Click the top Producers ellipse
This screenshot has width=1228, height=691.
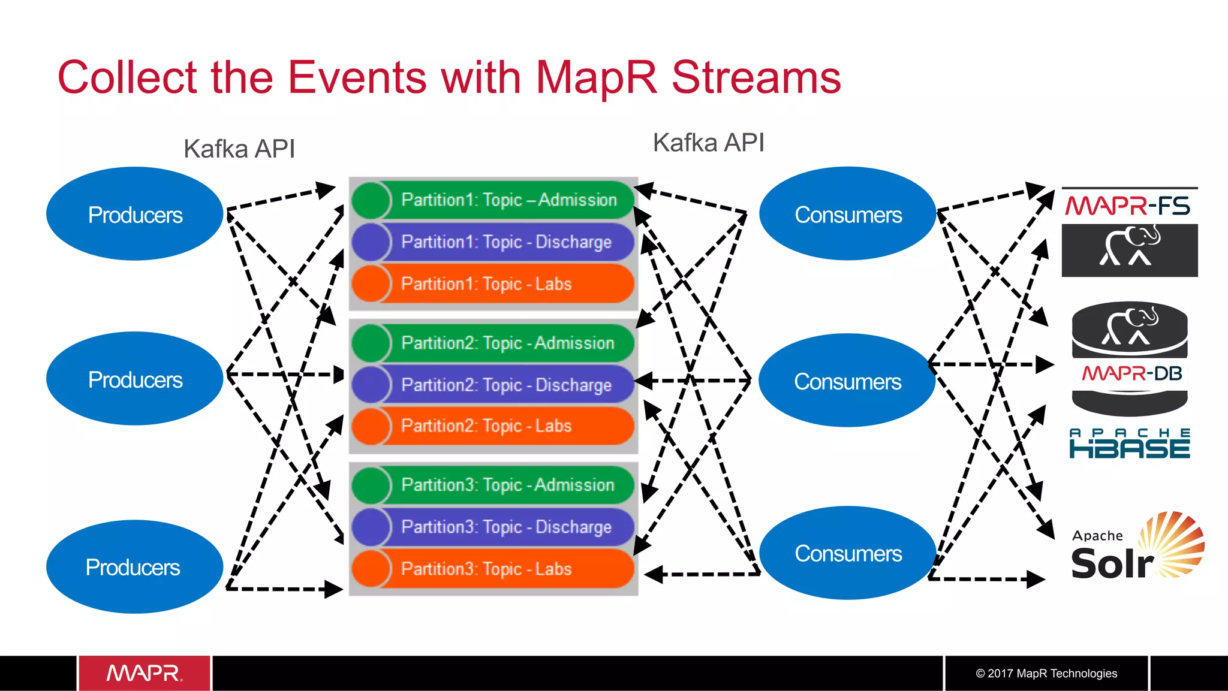tap(135, 214)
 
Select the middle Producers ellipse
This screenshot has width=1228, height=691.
tap(135, 379)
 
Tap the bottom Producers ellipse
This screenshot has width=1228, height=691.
tap(133, 566)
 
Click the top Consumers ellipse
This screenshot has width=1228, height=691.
tap(847, 214)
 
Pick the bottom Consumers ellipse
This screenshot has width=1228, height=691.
tap(847, 553)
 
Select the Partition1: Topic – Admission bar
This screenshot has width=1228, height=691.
tap(508, 200)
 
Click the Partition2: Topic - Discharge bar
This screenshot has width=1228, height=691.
tap(506, 385)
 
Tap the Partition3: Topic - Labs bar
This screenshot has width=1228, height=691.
tap(486, 569)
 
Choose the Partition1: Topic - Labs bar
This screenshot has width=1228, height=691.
tap(486, 283)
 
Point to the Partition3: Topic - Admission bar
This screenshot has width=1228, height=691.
tap(507, 485)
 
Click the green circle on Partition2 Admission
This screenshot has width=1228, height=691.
tap(371, 343)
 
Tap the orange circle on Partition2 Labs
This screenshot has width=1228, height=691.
tap(371, 426)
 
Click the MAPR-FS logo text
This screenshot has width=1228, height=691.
tap(1127, 206)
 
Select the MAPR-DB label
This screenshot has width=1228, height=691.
tap(1131, 374)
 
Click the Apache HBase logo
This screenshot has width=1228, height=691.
tap(1130, 444)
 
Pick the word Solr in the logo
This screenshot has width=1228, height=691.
tap(1112, 565)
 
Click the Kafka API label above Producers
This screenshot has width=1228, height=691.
tap(239, 149)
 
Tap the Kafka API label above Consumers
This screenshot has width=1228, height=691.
tap(708, 143)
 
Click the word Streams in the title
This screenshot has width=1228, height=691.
tap(756, 77)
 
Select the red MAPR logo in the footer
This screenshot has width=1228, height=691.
tap(145, 673)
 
